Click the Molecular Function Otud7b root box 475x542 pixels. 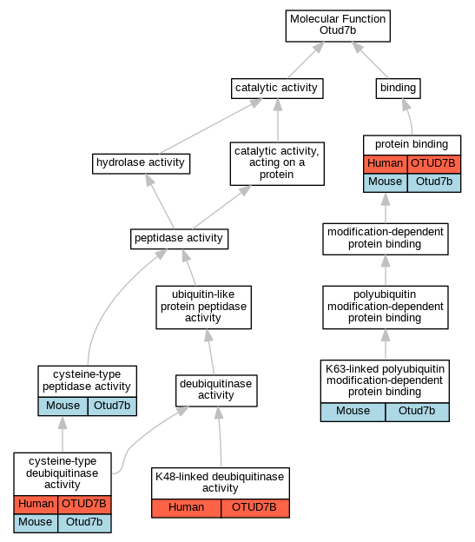coord(338,25)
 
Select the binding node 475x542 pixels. coord(398,88)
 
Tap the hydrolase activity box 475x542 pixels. coord(141,163)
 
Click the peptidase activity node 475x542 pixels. coord(179,239)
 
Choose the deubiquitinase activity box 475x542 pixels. coord(216,390)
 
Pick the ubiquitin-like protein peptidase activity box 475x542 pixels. coord(203,307)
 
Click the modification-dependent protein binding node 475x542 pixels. coord(386,239)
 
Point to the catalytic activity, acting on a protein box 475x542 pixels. coord(277,163)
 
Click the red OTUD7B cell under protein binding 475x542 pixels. coord(434,164)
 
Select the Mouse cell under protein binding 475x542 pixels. coord(386,182)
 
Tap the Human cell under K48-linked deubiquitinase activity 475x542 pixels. coord(186,508)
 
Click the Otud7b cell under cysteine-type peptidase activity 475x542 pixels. coord(112,406)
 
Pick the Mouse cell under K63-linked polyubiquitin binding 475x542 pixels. coord(353,412)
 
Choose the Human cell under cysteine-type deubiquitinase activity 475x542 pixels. coord(36,505)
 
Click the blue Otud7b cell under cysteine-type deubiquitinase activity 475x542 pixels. coord(84,523)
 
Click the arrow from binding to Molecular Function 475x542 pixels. coord(370,60)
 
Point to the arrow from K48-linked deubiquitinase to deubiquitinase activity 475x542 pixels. coord(220,436)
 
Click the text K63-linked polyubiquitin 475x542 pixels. coord(385,369)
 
